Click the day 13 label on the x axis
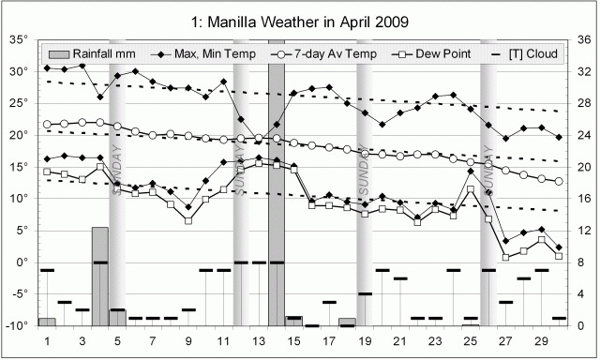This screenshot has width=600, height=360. coord(259,341)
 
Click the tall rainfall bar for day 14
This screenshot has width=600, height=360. coord(277,187)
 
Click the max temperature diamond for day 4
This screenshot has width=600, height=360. coord(100,97)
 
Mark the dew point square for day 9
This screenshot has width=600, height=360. coord(188,220)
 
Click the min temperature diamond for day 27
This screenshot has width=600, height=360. coord(505,241)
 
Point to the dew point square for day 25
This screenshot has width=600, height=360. coord(471,189)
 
